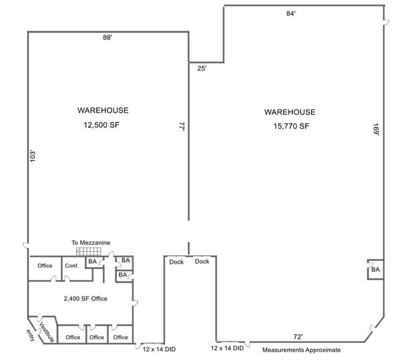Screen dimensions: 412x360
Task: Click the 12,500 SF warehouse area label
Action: [x=102, y=125]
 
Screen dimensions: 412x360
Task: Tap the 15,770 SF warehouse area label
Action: [x=291, y=126]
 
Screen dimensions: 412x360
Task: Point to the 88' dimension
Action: [x=108, y=37]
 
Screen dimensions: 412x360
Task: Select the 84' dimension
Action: [x=291, y=13]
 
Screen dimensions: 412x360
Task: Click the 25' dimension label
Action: [x=202, y=69]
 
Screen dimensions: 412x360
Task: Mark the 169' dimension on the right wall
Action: [x=376, y=129]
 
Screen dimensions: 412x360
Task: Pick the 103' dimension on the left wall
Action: [x=32, y=156]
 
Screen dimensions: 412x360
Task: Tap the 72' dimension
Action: [x=298, y=337]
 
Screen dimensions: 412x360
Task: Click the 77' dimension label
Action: [x=182, y=126]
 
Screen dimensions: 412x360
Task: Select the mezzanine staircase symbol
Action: [x=89, y=251]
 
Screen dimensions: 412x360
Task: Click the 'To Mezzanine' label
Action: [x=91, y=243]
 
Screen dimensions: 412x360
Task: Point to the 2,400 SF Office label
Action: [x=86, y=299]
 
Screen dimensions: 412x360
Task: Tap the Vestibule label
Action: [x=47, y=332]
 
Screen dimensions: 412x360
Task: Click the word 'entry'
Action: [x=31, y=335]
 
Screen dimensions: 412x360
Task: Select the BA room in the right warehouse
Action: [x=375, y=269]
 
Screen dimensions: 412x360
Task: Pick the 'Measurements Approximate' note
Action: [x=301, y=350]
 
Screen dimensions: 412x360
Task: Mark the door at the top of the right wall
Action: [x=386, y=22]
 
